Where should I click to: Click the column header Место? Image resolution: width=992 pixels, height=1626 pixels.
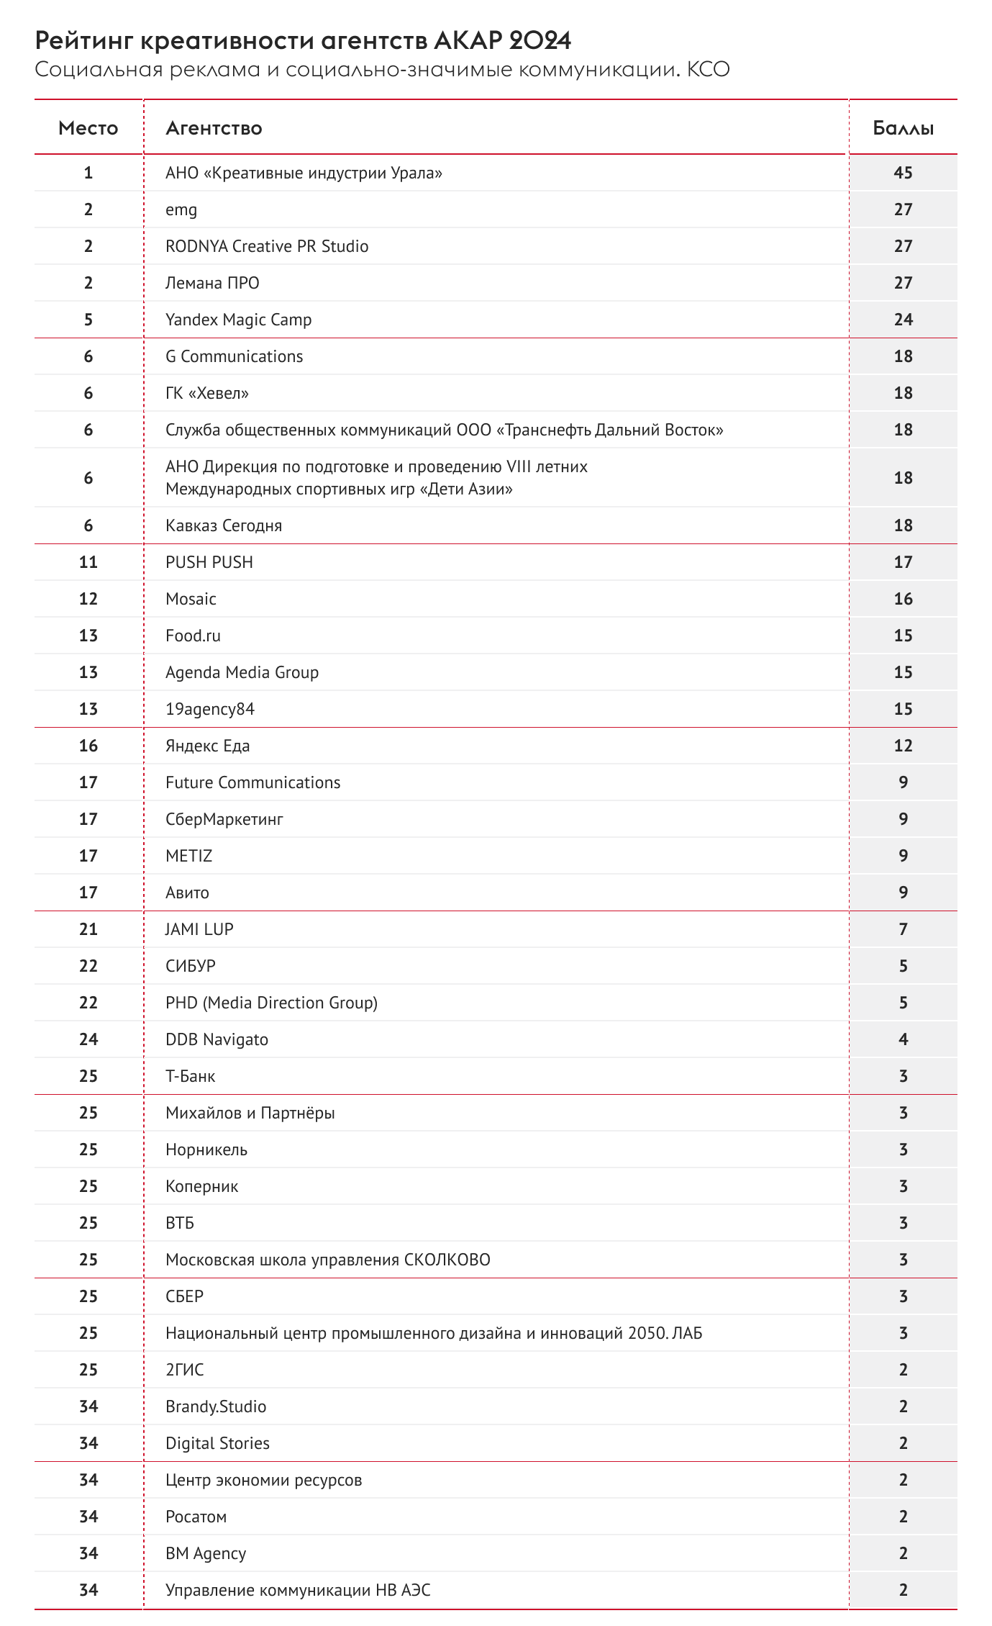[x=88, y=128]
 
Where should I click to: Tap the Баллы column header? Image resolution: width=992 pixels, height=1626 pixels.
[x=903, y=128]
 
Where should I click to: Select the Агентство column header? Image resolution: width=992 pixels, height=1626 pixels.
[x=214, y=128]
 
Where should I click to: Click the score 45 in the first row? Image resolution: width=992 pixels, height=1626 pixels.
[x=903, y=173]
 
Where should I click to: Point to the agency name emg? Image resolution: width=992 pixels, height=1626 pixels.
[x=181, y=210]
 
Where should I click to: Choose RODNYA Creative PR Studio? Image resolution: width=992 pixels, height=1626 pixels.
[x=267, y=246]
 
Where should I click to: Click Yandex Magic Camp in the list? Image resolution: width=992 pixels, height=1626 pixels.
[x=238, y=320]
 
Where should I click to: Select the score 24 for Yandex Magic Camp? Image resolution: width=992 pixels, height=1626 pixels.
[x=903, y=320]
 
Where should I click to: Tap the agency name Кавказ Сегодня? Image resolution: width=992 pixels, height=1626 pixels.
[x=224, y=525]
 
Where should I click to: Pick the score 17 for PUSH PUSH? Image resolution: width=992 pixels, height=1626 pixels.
[x=903, y=562]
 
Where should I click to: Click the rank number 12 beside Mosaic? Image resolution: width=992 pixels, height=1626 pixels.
[x=88, y=599]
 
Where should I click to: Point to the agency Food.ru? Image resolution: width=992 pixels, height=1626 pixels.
[x=193, y=636]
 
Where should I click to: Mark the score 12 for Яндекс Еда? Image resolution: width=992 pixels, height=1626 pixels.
[x=903, y=746]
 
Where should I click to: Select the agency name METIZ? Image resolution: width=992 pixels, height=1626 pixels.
[x=188, y=856]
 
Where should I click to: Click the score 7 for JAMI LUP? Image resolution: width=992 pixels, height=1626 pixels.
[x=903, y=929]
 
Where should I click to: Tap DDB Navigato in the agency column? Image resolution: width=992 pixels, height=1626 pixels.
[x=217, y=1039]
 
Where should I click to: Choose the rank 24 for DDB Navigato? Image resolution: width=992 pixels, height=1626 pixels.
[x=88, y=1039]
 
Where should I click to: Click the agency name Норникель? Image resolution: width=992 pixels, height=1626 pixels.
[x=206, y=1150]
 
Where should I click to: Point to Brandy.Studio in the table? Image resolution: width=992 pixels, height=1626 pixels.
[x=216, y=1406]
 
